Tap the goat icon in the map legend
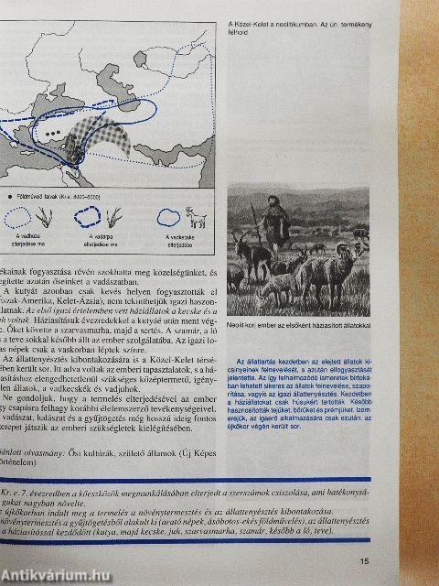pos(196,217)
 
